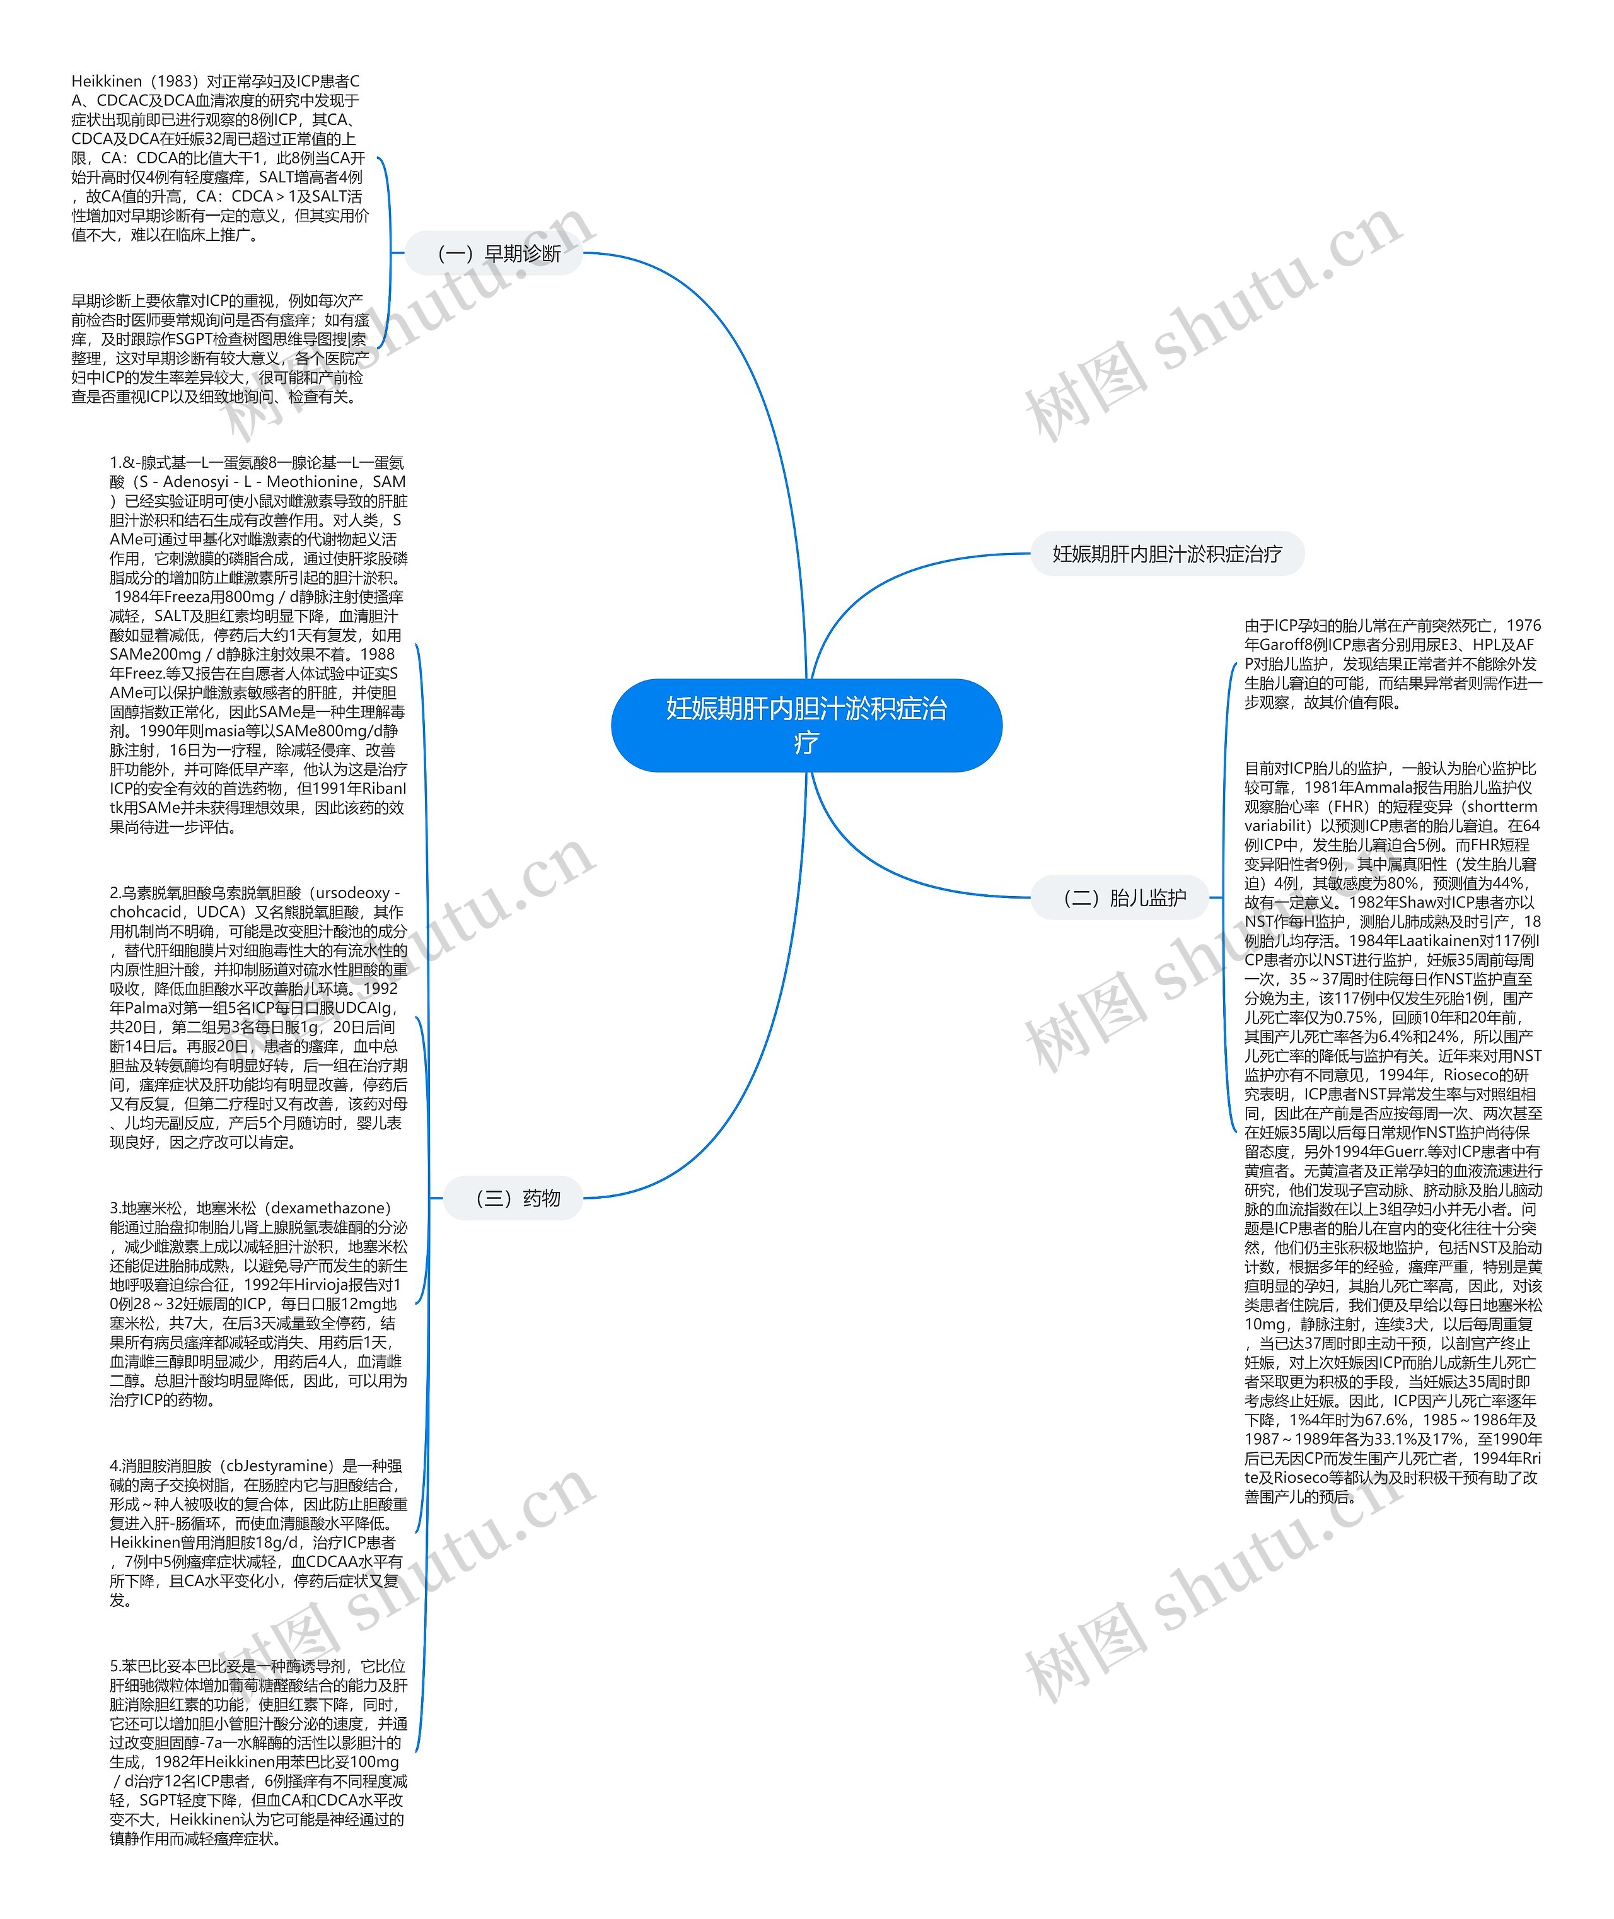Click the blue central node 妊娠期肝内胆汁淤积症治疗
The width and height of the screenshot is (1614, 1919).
(806, 725)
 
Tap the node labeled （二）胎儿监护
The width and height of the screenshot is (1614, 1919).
(1123, 898)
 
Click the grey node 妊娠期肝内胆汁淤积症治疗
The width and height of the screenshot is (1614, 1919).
(1166, 554)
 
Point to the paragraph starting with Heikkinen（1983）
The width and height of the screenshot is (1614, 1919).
(219, 158)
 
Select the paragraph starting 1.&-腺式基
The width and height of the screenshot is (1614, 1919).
(258, 645)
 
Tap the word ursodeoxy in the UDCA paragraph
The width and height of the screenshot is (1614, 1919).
(357, 892)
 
